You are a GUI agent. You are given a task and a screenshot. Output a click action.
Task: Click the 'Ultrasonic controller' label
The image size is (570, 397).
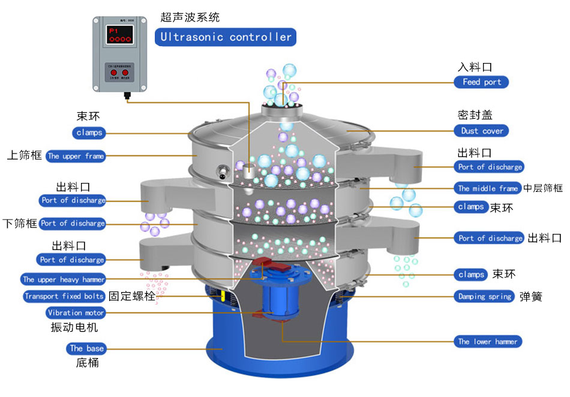click(226, 37)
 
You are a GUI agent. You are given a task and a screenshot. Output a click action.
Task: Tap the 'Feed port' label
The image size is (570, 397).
click(481, 82)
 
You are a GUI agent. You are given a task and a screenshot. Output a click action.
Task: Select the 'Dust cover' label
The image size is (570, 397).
click(482, 131)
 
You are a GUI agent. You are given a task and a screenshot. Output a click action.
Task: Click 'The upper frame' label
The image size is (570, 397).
click(76, 157)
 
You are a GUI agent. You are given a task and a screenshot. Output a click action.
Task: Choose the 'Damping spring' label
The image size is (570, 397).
click(485, 296)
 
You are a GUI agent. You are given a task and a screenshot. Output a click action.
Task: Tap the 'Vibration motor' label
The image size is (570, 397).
click(76, 312)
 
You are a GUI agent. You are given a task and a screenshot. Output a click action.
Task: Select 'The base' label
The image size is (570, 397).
click(86, 348)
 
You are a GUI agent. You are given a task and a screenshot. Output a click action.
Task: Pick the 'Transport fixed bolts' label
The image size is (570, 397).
click(64, 296)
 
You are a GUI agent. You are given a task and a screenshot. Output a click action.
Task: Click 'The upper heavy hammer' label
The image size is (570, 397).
click(64, 279)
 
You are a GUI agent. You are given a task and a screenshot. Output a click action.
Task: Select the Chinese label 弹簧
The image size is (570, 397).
click(531, 296)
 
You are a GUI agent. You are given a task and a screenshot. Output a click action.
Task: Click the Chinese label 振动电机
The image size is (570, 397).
click(74, 327)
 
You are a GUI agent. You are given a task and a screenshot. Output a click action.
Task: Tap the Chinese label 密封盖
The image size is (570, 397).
click(475, 115)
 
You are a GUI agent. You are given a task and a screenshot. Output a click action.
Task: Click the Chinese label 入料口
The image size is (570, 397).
click(475, 67)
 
